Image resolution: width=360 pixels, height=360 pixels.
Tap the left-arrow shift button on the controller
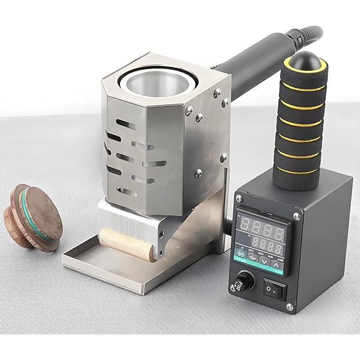tap(254, 257)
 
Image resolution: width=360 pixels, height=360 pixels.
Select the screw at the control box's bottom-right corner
tap(290, 307)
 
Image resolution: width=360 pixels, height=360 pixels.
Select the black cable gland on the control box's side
tap(228, 223)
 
